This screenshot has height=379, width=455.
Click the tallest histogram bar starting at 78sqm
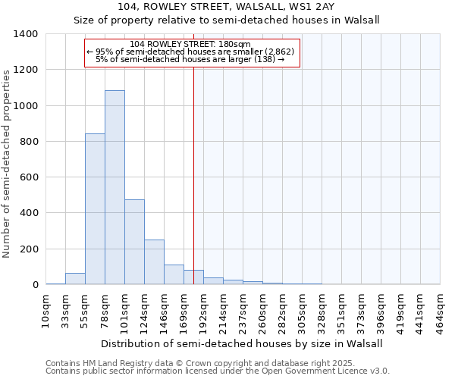coord(115,187)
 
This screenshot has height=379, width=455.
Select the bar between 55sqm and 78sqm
coord(95,208)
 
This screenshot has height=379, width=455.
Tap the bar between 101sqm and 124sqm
coord(134,242)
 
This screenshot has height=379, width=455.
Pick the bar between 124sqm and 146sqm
coord(154,262)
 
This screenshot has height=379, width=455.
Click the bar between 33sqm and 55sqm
coord(75,278)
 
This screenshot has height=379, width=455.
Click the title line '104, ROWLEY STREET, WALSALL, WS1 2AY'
coord(227,8)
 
